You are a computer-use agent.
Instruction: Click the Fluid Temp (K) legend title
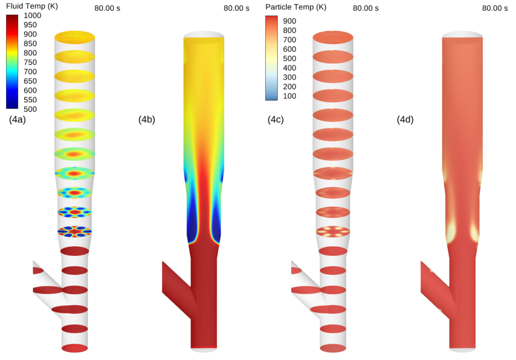coord(32,6)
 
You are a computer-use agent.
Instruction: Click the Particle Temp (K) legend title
coord(296,7)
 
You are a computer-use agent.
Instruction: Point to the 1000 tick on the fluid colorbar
coord(32,16)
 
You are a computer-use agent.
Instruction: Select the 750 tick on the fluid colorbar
coord(30,62)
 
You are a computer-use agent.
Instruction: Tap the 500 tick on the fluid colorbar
coord(30,109)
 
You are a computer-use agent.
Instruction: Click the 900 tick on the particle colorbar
coord(290,21)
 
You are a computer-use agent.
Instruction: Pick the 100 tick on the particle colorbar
coord(290,96)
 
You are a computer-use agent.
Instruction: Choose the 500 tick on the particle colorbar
coord(290,58)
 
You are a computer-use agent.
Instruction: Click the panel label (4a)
coord(18,119)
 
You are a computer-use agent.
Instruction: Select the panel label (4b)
coord(147,119)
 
